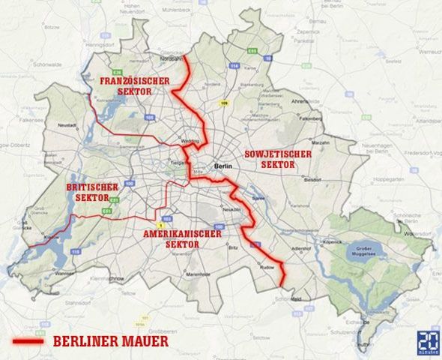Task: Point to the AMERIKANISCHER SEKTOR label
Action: (x=181, y=239)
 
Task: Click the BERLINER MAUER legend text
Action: (x=110, y=341)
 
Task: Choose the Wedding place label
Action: (x=190, y=140)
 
